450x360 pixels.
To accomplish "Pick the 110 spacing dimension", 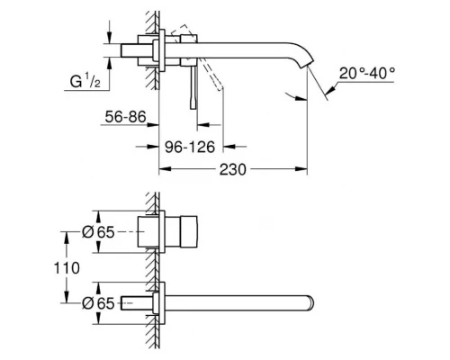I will click(68, 267).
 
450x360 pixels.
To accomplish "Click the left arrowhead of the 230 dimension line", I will click(163, 168).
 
